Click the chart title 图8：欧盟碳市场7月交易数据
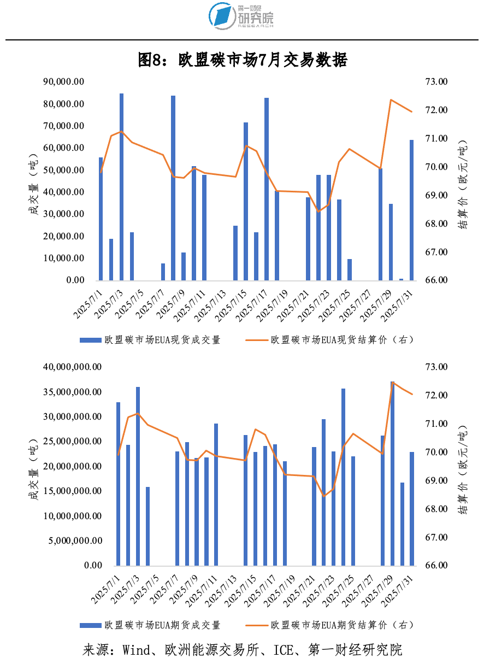pyautogui.click(x=242, y=60)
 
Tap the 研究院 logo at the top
pyautogui.click(x=241, y=16)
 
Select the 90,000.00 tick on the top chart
pyautogui.click(x=63, y=82)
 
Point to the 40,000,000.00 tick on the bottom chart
pyautogui.click(x=72, y=367)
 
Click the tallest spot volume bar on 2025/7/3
pyautogui.click(x=121, y=186)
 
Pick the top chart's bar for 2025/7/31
pyautogui.click(x=411, y=210)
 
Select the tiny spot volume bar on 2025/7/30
pyautogui.click(x=402, y=279)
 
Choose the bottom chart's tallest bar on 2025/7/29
pyautogui.click(x=392, y=473)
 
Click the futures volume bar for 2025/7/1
pyautogui.click(x=118, y=484)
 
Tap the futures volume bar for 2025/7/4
pyautogui.click(x=147, y=526)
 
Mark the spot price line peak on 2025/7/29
pyautogui.click(x=391, y=100)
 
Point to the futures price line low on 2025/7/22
pyautogui.click(x=324, y=496)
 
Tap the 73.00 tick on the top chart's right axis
pyautogui.click(x=436, y=82)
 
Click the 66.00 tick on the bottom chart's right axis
pyautogui.click(x=436, y=566)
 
